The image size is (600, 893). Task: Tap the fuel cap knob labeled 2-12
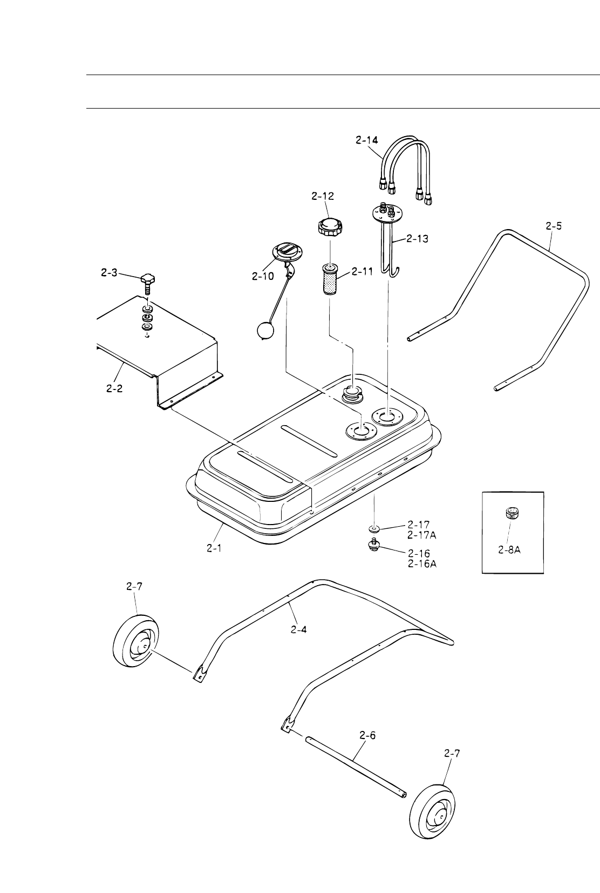point(330,226)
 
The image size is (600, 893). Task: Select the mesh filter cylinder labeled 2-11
point(330,279)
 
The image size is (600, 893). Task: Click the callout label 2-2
point(114,388)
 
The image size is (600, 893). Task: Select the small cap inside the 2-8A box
point(508,513)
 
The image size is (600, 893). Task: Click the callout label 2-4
point(298,629)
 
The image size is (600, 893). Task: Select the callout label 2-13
point(417,238)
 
